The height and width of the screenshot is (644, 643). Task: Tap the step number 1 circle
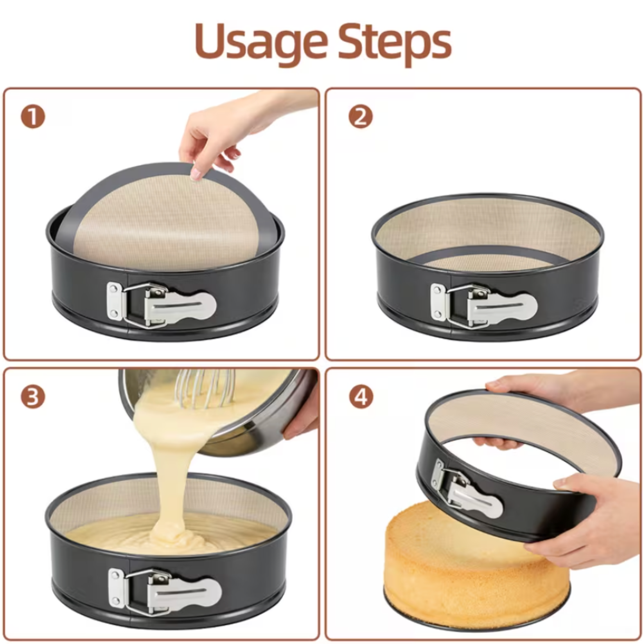click(33, 117)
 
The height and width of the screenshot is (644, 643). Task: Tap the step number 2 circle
click(361, 117)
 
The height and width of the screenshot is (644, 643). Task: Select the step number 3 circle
click(33, 397)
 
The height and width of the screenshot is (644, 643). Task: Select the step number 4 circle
click(361, 397)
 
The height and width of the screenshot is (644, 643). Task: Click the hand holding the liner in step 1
click(239, 133)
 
